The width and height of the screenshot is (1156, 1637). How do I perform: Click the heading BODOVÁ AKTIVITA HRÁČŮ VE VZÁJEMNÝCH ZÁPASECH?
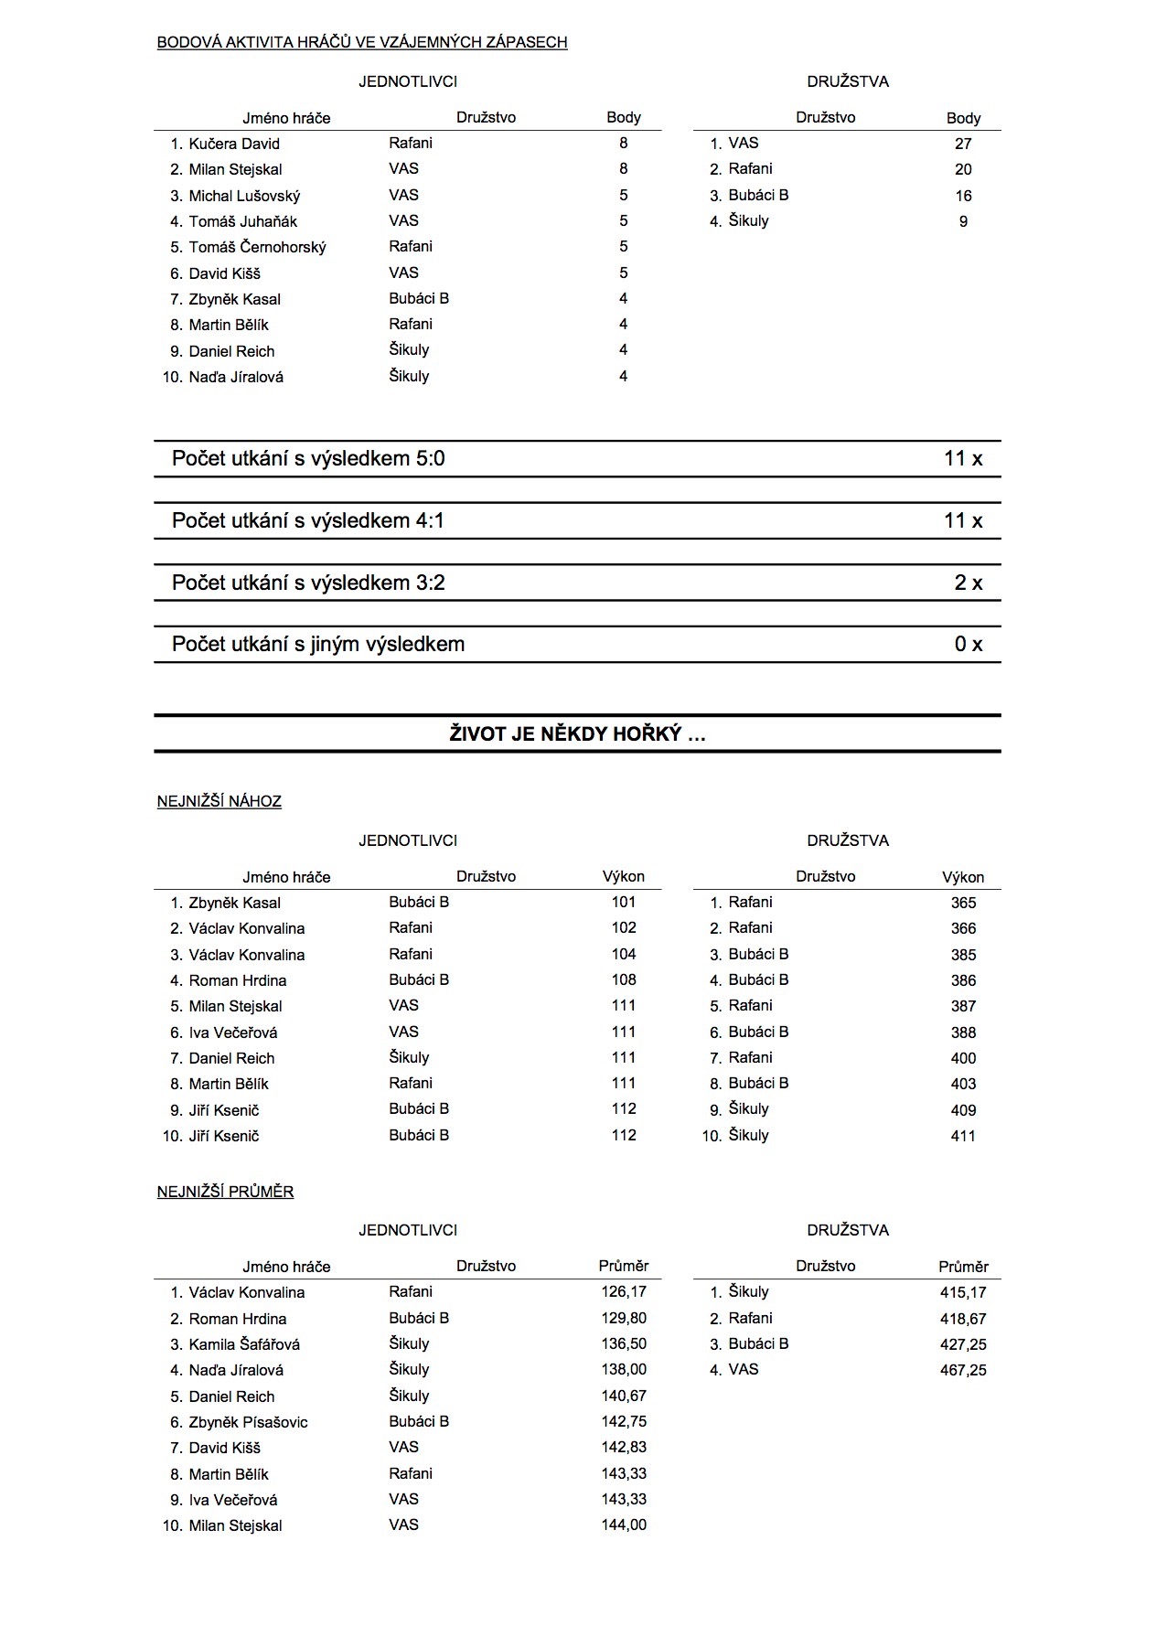pos(362,42)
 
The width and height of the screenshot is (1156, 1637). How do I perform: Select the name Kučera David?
pos(234,144)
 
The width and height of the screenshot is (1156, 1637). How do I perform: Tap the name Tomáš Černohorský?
pos(257,247)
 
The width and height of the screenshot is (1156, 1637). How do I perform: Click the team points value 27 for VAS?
pos(963,144)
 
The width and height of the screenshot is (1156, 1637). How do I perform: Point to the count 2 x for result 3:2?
pos(968,583)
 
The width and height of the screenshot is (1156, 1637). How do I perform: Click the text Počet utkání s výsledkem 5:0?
pos(308,458)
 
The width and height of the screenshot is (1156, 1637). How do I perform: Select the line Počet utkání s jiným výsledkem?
pos(318,644)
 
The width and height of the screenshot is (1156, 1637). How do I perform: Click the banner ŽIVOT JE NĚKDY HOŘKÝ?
pos(577,733)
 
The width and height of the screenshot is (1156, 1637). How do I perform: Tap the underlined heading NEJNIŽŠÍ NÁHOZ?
pos(219,801)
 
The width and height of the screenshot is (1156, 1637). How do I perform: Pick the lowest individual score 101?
pos(624,902)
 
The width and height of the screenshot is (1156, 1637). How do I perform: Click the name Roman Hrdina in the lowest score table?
pos(238,980)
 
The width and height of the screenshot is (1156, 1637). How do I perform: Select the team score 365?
pos(963,903)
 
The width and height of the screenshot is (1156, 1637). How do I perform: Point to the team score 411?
pos(963,1136)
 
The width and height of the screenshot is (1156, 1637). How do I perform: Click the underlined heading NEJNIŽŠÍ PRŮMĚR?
pos(225,1192)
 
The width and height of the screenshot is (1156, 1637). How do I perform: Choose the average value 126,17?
pos(624,1292)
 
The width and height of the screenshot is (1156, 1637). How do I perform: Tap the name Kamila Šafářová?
pos(244,1344)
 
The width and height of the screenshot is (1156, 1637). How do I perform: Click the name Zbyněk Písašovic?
pos(248,1422)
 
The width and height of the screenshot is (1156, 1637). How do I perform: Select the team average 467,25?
pos(963,1370)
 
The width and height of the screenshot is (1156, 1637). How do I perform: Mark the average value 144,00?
pos(624,1525)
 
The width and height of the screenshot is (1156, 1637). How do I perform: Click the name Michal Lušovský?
pos(244,196)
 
